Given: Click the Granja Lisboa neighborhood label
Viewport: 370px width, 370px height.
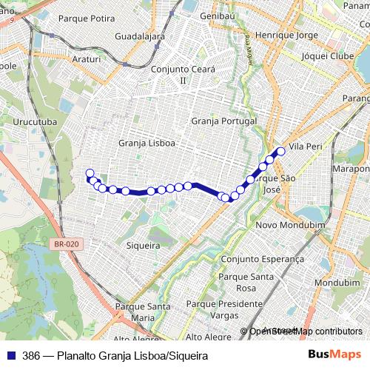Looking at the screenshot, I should [x=147, y=143].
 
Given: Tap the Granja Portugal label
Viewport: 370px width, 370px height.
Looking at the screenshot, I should [x=223, y=121].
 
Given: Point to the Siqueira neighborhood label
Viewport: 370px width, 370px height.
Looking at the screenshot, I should [x=144, y=245].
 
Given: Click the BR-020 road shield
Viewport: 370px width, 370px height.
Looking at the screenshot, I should [x=67, y=243].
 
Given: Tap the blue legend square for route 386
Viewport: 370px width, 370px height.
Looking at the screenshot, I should [x=11, y=355].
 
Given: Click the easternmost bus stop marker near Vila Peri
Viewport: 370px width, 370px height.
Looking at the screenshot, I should [x=280, y=152].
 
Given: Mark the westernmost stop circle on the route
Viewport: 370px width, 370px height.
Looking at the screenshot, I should [x=90, y=174].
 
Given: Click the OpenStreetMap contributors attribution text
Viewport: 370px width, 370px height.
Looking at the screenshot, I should [x=306, y=332].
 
